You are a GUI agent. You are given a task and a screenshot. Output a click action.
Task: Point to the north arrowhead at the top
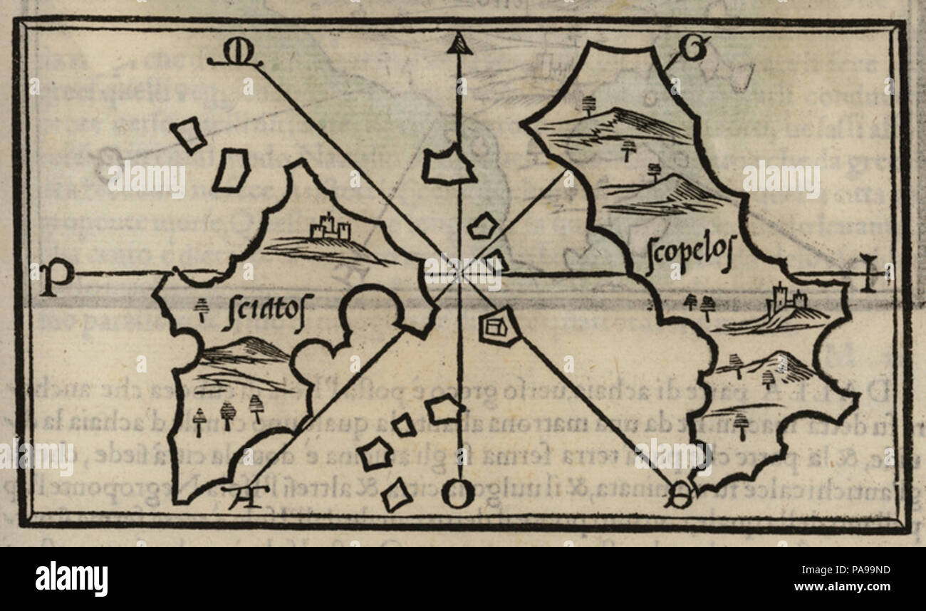tap(459, 46)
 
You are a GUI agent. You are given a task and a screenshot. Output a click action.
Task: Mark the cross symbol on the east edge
tap(867, 273)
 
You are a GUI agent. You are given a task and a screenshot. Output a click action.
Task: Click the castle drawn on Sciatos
tap(330, 228)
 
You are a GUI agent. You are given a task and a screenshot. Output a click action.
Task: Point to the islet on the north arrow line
tap(448, 165)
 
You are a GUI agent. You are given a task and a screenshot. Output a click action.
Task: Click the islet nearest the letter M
tap(188, 135)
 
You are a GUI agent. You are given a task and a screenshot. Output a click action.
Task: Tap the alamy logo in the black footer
tap(71, 578)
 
